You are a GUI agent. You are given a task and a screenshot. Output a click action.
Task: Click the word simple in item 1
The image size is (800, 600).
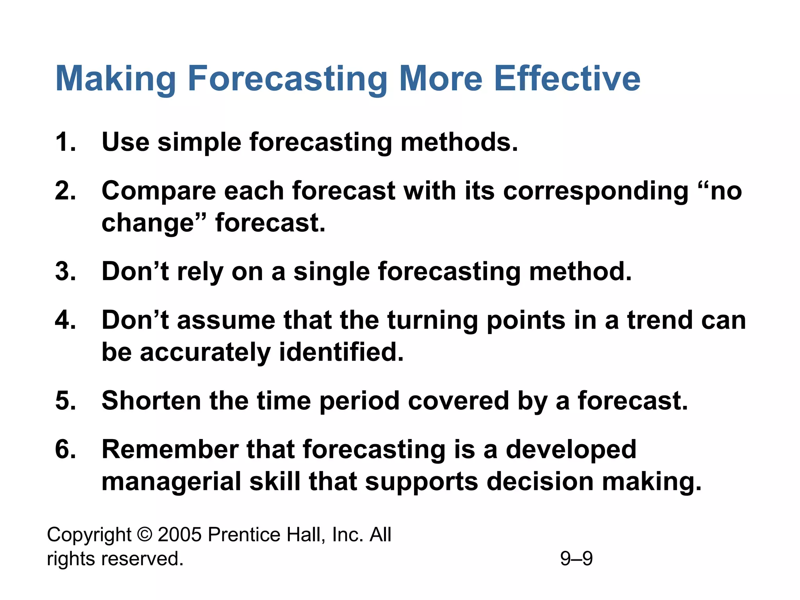click(199, 143)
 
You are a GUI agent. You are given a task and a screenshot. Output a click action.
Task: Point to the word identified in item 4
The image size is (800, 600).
click(341, 352)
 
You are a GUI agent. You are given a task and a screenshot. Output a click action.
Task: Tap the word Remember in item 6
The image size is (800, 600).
click(170, 449)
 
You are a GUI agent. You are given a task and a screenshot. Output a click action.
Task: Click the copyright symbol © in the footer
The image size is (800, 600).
click(145, 534)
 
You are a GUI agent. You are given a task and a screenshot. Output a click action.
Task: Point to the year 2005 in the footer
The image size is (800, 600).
click(180, 534)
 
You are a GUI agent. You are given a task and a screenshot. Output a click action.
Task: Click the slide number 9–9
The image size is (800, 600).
click(576, 559)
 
